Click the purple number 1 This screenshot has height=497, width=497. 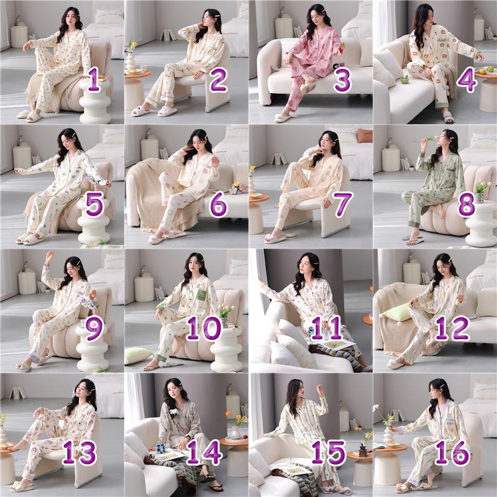[94, 80]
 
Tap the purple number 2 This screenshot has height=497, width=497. [219, 80]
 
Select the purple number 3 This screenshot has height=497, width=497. [343, 80]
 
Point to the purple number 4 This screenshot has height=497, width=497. [467, 80]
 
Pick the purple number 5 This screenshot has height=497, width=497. [94, 204]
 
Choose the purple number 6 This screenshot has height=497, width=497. [219, 204]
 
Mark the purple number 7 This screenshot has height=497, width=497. [343, 204]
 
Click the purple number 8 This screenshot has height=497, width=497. [467, 204]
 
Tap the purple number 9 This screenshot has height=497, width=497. [94, 328]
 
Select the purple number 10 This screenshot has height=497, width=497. [204, 328]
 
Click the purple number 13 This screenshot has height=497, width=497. [80, 452]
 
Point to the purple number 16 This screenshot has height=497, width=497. [452, 452]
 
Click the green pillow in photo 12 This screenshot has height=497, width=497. [394, 313]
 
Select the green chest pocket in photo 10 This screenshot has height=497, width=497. [201, 294]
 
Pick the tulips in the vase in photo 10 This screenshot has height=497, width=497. [227, 311]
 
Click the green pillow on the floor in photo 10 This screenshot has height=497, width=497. [139, 355]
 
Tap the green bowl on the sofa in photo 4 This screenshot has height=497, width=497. [404, 80]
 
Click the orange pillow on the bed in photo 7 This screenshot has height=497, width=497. [365, 135]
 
